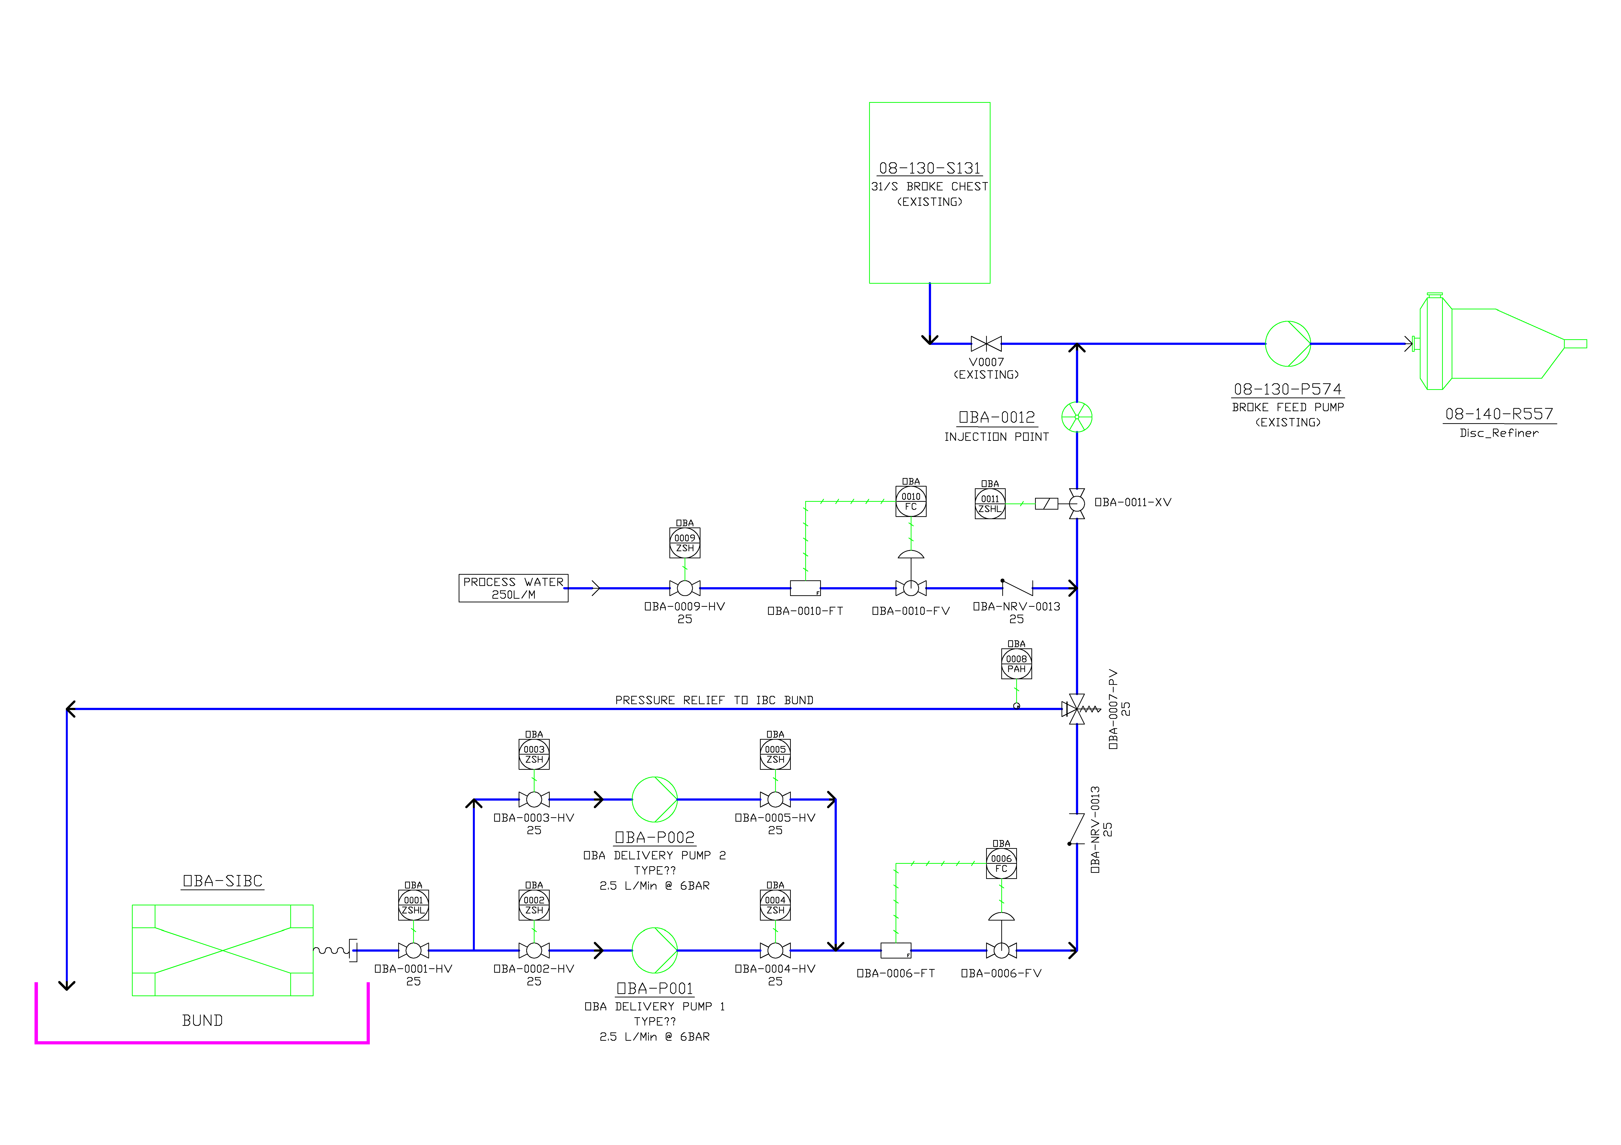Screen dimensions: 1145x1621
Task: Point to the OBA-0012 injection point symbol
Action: coord(1077,417)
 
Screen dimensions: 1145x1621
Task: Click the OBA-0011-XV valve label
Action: coord(1132,502)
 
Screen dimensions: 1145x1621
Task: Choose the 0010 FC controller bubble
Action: coord(911,501)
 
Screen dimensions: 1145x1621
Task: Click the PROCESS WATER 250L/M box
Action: coord(513,588)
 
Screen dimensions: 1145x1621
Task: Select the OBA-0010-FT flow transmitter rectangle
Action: coord(805,588)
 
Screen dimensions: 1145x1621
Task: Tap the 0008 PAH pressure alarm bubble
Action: coord(1016,664)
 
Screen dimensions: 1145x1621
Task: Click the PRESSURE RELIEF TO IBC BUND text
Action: coord(714,700)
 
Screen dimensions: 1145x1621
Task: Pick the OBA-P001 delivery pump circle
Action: coord(654,950)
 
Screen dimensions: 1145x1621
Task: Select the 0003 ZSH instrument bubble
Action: coord(534,754)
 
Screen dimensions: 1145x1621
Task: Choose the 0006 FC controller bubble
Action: coord(1001,863)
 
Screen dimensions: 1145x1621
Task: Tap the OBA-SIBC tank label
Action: coord(222,881)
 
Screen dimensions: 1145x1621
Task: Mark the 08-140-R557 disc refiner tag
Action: coord(1499,414)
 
